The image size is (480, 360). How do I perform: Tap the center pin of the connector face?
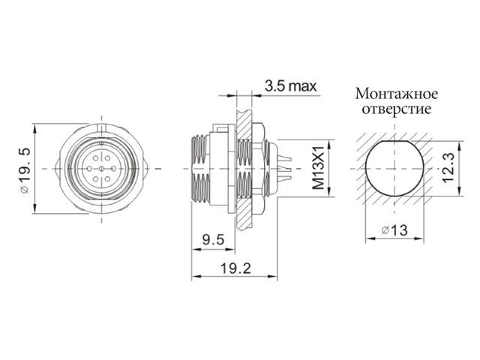click(100, 170)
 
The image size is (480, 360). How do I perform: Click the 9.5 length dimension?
click(214, 240)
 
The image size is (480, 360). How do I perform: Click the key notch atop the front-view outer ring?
click(100, 127)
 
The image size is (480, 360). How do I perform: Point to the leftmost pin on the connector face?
click(89, 170)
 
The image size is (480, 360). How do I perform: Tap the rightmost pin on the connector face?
click(110, 170)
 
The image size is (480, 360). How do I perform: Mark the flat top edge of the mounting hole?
click(394, 139)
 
